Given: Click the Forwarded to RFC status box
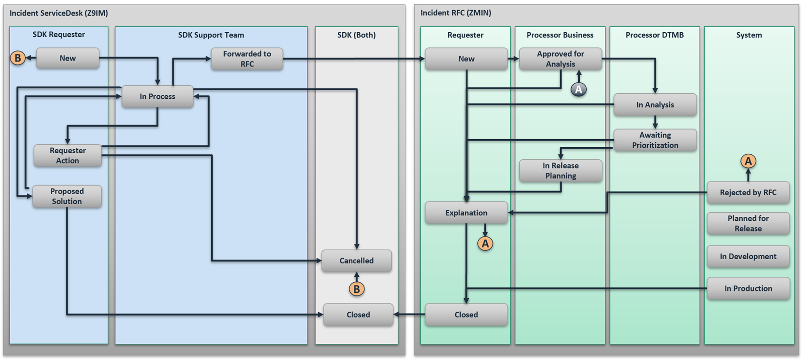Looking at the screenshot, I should [x=247, y=59].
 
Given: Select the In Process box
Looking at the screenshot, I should [x=157, y=96].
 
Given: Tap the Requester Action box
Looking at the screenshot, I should [x=68, y=155].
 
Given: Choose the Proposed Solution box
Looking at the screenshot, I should [x=67, y=196].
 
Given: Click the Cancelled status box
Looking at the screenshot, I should [x=356, y=261].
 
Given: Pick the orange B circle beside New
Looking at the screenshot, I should [x=18, y=58].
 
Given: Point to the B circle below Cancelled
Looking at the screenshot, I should [x=357, y=289].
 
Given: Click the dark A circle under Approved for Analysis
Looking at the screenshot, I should [x=579, y=90].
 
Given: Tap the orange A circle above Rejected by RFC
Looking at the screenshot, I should [x=748, y=161].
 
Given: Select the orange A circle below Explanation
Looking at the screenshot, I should [x=485, y=244].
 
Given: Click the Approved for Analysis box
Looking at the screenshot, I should [x=560, y=59].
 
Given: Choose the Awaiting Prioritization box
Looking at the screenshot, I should [x=655, y=140].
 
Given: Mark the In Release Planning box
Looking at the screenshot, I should [x=561, y=170].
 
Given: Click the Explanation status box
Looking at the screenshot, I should [x=466, y=213].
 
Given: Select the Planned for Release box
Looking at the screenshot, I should [x=748, y=223].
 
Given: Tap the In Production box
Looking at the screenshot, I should [x=748, y=288].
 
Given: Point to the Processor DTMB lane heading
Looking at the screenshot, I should [x=654, y=35].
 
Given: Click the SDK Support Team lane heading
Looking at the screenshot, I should [x=211, y=35].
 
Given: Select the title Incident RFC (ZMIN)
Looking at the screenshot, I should [x=456, y=13].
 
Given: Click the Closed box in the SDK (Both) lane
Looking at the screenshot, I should [x=358, y=315].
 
